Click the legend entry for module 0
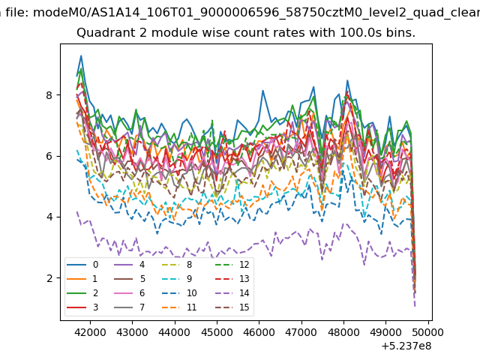82,265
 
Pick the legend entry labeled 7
129,307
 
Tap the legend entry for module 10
178,293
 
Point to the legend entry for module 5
129,279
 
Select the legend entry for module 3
82,307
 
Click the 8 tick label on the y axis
49,95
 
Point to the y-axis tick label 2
49,278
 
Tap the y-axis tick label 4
49,217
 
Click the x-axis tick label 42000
90,332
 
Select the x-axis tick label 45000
217,332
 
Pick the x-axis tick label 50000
428,332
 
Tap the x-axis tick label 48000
343,332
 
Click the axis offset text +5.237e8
406,346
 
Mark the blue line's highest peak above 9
81,55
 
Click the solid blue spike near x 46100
262,91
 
